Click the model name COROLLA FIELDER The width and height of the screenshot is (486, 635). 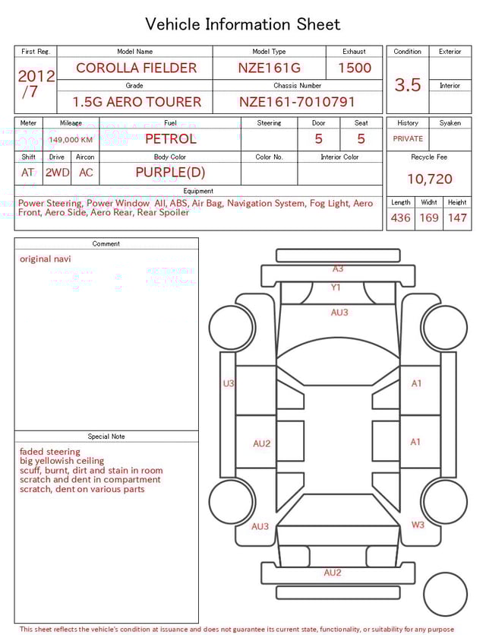(136, 68)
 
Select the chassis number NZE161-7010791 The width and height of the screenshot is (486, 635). (297, 102)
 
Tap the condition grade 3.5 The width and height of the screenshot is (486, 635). (408, 85)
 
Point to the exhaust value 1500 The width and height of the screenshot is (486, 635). (355, 68)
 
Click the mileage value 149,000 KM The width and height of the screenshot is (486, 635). (71, 140)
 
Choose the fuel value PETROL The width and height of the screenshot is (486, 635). (170, 139)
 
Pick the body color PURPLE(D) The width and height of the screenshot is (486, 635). (170, 172)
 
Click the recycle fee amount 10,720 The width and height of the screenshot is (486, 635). (429, 179)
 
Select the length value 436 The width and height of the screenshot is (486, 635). (400, 218)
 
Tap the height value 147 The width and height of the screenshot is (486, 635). (457, 218)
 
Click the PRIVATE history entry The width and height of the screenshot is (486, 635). (408, 139)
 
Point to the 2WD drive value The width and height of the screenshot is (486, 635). (57, 173)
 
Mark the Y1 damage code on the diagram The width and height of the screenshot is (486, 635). (336, 287)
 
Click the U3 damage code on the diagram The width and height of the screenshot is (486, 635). (229, 384)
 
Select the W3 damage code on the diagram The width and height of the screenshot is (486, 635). (418, 525)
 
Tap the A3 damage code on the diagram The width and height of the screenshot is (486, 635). (338, 268)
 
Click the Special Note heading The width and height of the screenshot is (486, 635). (106, 437)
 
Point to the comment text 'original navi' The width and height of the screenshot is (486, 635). (46, 259)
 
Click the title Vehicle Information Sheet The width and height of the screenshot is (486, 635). (243, 24)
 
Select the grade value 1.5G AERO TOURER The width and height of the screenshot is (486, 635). (137, 102)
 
